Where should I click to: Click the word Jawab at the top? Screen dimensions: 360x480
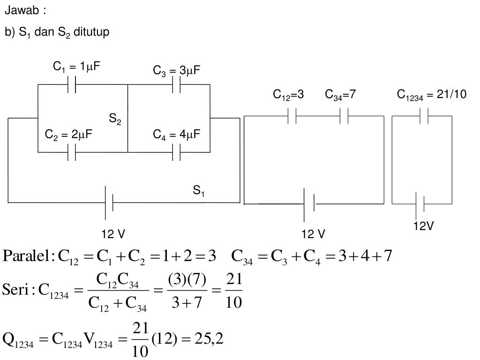point(18,10)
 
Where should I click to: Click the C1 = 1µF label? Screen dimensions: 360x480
point(76,67)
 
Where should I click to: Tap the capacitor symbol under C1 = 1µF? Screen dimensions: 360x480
point(72,84)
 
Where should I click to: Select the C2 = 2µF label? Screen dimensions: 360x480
point(68,135)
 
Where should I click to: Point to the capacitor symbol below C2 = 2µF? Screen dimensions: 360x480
point(72,152)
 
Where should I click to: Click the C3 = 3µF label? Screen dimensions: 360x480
point(176,71)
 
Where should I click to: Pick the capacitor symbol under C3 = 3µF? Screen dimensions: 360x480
point(177,85)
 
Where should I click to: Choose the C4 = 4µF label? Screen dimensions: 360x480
point(176,135)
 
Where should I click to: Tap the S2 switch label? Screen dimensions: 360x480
point(115,120)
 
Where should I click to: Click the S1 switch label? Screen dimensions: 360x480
point(199,191)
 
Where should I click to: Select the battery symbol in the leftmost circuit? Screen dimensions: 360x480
point(109,202)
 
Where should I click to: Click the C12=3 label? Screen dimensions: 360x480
point(289,95)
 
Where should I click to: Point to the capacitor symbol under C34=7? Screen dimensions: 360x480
point(344,116)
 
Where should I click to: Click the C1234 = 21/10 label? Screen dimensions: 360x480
point(432,95)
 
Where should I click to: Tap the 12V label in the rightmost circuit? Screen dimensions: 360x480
point(423,226)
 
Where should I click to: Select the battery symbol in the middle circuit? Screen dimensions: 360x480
point(309,204)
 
